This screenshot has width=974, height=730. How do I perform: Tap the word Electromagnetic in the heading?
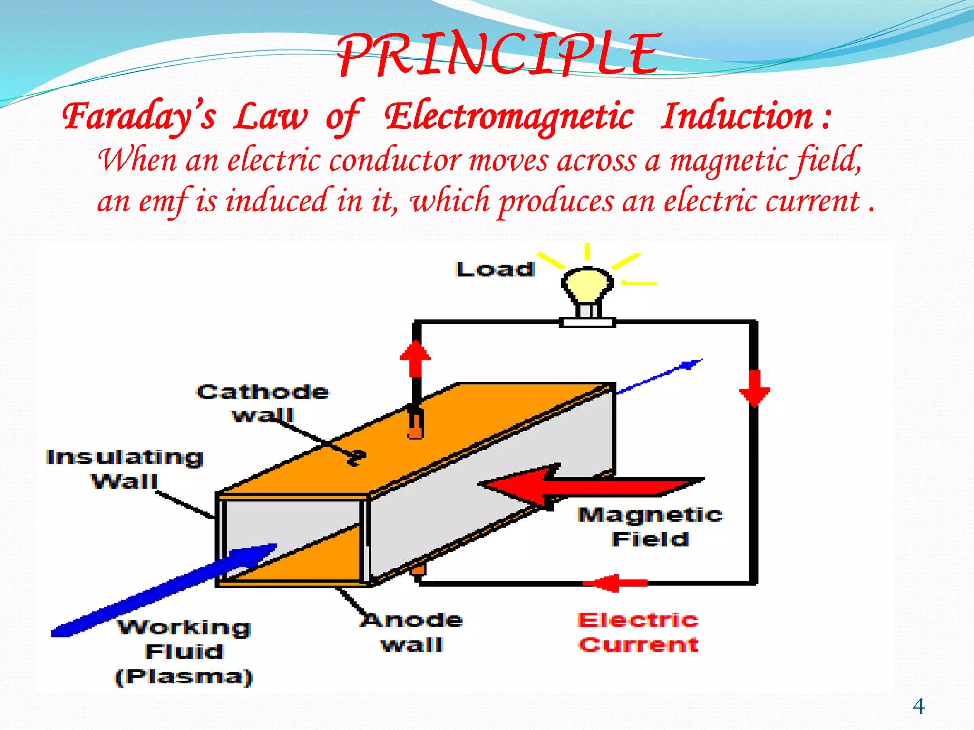coord(509,116)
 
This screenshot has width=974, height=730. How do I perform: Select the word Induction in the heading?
coord(737,116)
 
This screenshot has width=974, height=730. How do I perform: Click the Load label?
coord(495,269)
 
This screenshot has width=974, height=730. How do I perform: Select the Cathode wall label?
coord(263,403)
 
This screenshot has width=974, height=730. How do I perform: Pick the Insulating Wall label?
coord(125,469)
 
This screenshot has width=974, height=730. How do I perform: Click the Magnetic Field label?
coord(650,527)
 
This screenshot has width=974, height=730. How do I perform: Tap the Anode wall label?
coord(412,632)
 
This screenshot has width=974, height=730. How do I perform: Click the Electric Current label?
coord(638,632)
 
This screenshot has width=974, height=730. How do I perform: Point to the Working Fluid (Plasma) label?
coord(184,652)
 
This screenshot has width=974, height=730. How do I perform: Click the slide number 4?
coord(918,706)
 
